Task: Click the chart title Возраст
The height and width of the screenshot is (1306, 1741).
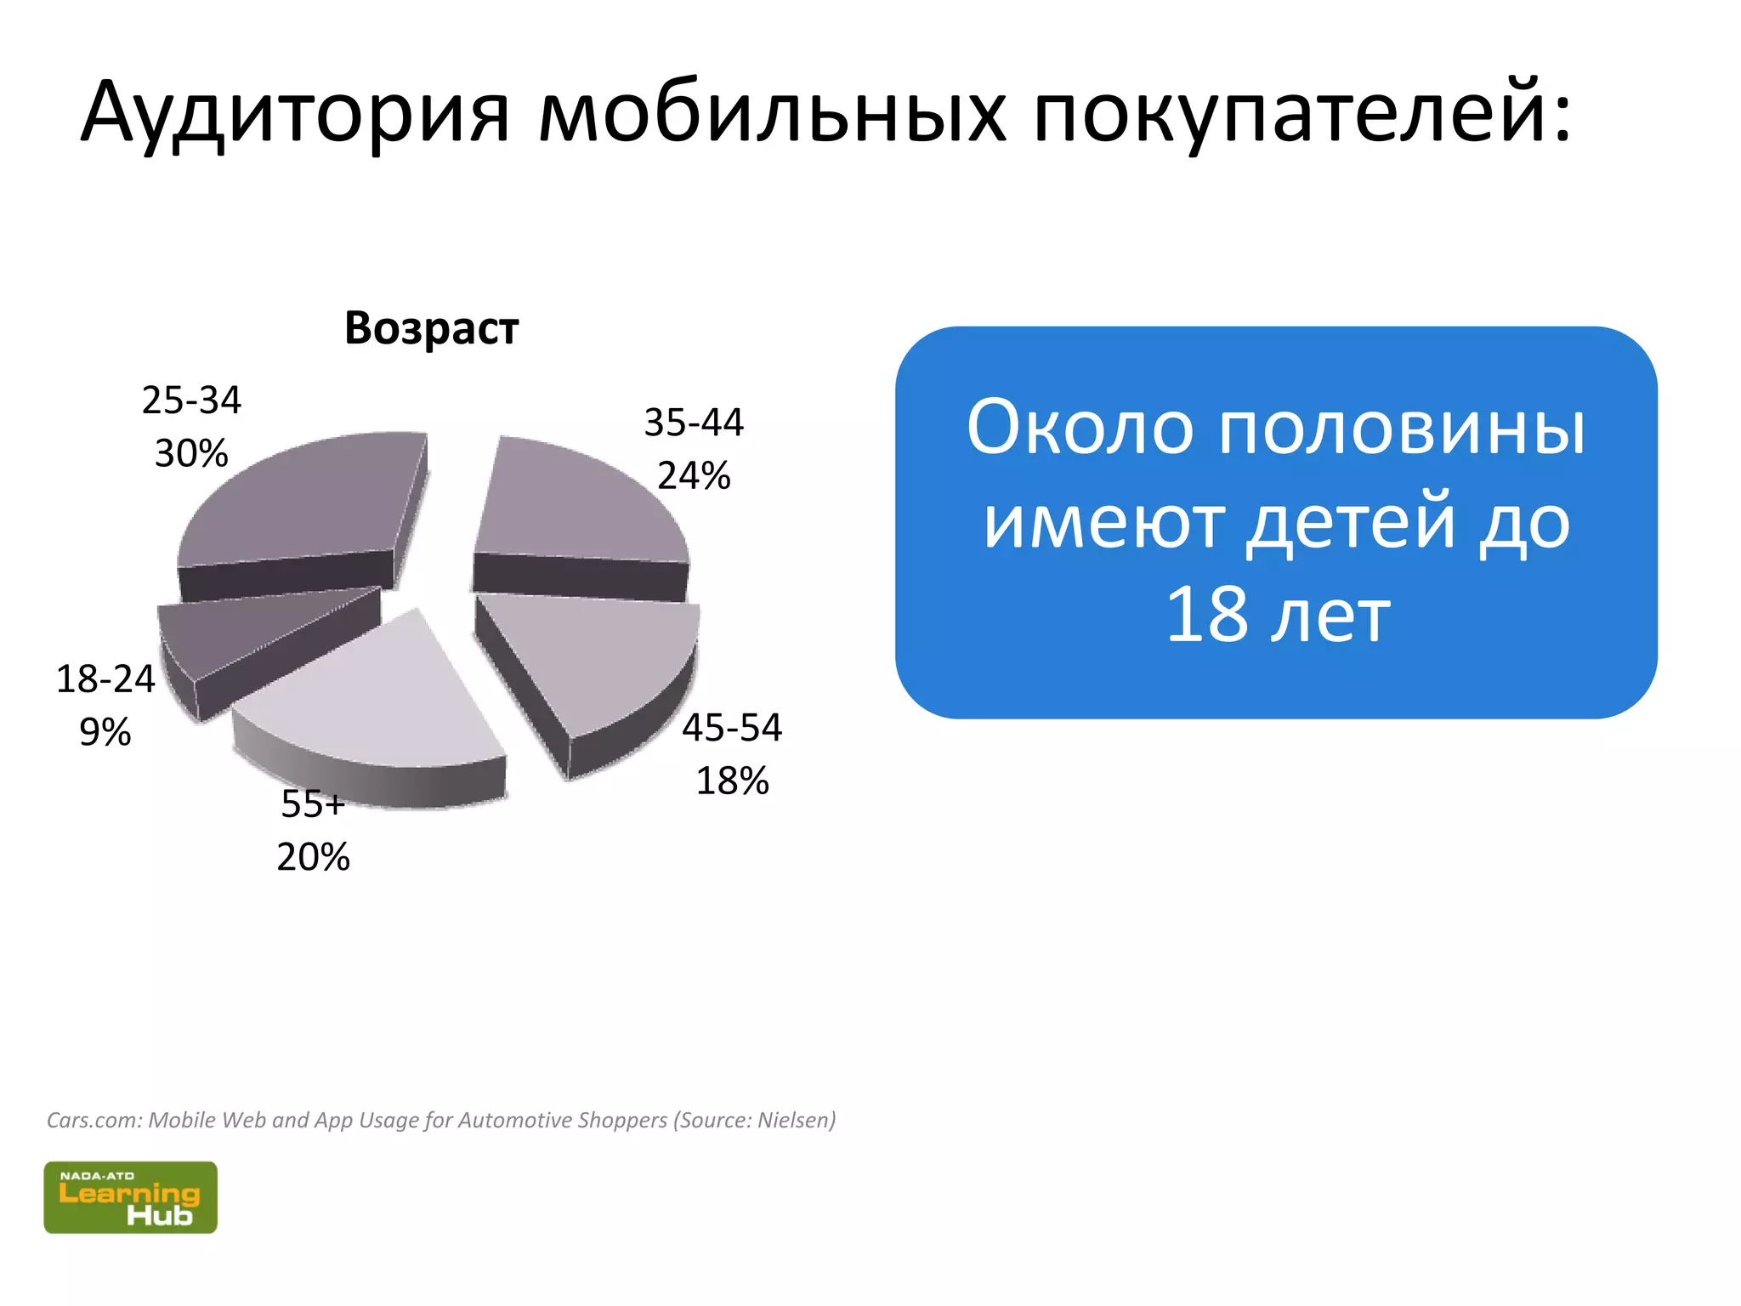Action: (431, 328)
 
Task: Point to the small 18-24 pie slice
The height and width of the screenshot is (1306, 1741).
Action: (247, 629)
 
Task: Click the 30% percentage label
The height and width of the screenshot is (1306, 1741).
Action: (191, 453)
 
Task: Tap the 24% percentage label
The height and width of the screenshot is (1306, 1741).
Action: (694, 475)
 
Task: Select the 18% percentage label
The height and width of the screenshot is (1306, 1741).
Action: (732, 781)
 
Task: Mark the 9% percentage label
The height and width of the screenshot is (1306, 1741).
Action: (105, 732)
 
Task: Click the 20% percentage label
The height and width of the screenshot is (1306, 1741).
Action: (313, 856)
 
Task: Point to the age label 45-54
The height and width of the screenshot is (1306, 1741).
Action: (732, 728)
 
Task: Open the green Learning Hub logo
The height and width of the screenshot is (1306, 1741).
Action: (130, 1197)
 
